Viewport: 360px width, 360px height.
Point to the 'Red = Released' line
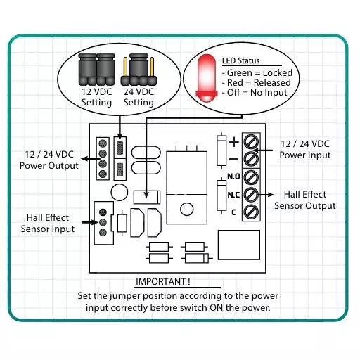(x=256, y=83)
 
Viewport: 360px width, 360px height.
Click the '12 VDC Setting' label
(x=96, y=97)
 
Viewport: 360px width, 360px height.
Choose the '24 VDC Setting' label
(x=138, y=97)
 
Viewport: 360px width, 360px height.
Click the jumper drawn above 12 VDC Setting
(x=96, y=68)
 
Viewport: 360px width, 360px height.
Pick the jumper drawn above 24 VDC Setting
(x=138, y=68)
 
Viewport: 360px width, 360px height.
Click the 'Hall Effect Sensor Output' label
(x=305, y=200)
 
